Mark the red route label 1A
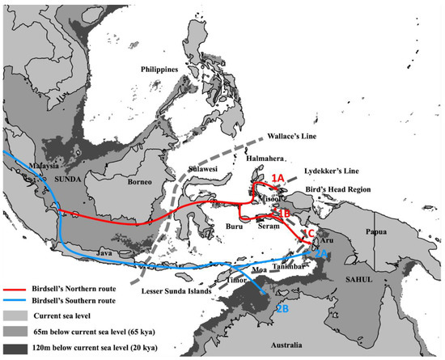tap(278, 177)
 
